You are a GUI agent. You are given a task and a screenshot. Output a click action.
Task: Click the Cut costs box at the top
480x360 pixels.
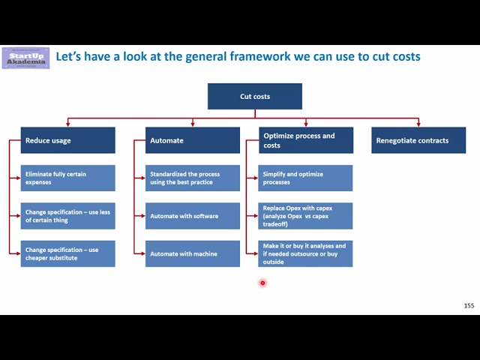(255, 97)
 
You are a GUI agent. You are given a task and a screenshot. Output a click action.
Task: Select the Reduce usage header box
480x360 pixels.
(68, 140)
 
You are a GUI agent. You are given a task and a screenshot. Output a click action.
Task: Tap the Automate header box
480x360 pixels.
(193, 140)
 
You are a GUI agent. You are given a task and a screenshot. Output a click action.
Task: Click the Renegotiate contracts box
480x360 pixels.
(418, 140)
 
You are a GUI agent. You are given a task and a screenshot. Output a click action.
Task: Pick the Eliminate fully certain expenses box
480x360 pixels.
(68, 178)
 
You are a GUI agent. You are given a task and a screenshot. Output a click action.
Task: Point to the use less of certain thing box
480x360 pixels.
(68, 216)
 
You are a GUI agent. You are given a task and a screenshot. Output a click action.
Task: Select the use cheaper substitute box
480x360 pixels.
(68, 253)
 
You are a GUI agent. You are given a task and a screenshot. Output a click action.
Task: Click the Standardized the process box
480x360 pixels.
(193, 178)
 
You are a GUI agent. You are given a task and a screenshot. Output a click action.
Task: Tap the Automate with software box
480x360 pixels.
(193, 216)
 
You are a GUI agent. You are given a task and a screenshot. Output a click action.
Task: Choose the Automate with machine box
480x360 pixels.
(193, 253)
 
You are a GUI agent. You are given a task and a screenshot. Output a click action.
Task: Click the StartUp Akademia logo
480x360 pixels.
(25, 58)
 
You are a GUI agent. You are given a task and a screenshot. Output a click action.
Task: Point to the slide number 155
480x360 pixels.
(469, 305)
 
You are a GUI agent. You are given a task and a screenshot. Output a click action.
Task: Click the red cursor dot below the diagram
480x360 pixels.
(262, 283)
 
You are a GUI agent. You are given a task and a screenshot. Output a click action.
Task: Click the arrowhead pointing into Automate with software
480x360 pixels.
(142, 216)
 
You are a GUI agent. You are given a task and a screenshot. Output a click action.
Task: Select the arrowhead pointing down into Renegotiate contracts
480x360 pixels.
(418, 124)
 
